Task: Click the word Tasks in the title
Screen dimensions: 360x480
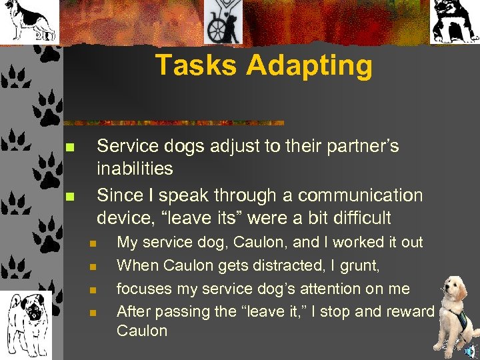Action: tap(195, 65)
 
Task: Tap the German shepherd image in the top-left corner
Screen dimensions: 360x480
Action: tap(28, 21)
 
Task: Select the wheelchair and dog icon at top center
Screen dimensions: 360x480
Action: tap(223, 21)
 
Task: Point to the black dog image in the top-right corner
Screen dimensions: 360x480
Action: tap(455, 21)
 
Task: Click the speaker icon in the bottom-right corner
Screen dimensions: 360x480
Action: tap(471, 351)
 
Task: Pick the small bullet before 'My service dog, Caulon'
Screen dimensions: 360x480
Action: tap(93, 243)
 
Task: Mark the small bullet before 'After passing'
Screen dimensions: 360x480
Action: tap(93, 312)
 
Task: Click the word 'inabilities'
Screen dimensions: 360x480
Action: tap(135, 169)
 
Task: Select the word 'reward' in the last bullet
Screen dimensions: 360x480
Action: tap(408, 311)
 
